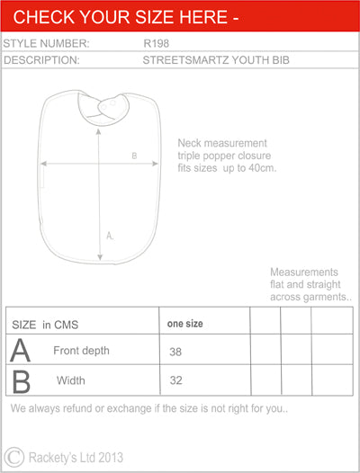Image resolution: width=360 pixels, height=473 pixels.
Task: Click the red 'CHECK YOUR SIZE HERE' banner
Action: coord(180,16)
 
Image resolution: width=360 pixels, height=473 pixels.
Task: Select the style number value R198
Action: coord(157,43)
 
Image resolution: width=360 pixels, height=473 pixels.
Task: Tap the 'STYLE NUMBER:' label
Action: coord(46,43)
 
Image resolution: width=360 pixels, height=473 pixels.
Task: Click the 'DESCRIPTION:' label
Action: coord(42,60)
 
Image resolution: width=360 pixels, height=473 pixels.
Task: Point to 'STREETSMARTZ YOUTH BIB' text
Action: coord(215,60)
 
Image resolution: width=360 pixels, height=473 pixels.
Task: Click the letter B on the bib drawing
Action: coord(134,156)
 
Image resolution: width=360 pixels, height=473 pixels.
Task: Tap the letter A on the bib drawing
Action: coord(110,236)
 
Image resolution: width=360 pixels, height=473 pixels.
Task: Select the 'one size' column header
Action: coord(185,323)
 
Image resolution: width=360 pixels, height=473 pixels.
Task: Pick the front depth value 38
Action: coord(175,353)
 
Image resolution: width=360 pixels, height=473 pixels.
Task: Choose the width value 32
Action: coord(175,380)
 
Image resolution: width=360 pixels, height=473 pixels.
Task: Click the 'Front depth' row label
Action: coord(81,351)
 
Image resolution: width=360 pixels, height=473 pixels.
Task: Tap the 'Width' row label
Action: coord(71,380)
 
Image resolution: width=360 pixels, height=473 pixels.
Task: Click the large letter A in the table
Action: coord(20,351)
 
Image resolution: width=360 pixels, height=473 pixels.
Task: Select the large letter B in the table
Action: coord(20,380)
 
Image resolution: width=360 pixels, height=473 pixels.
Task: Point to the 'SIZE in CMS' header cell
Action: coord(45,323)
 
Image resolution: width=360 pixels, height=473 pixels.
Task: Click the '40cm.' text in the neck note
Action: coord(260,168)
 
